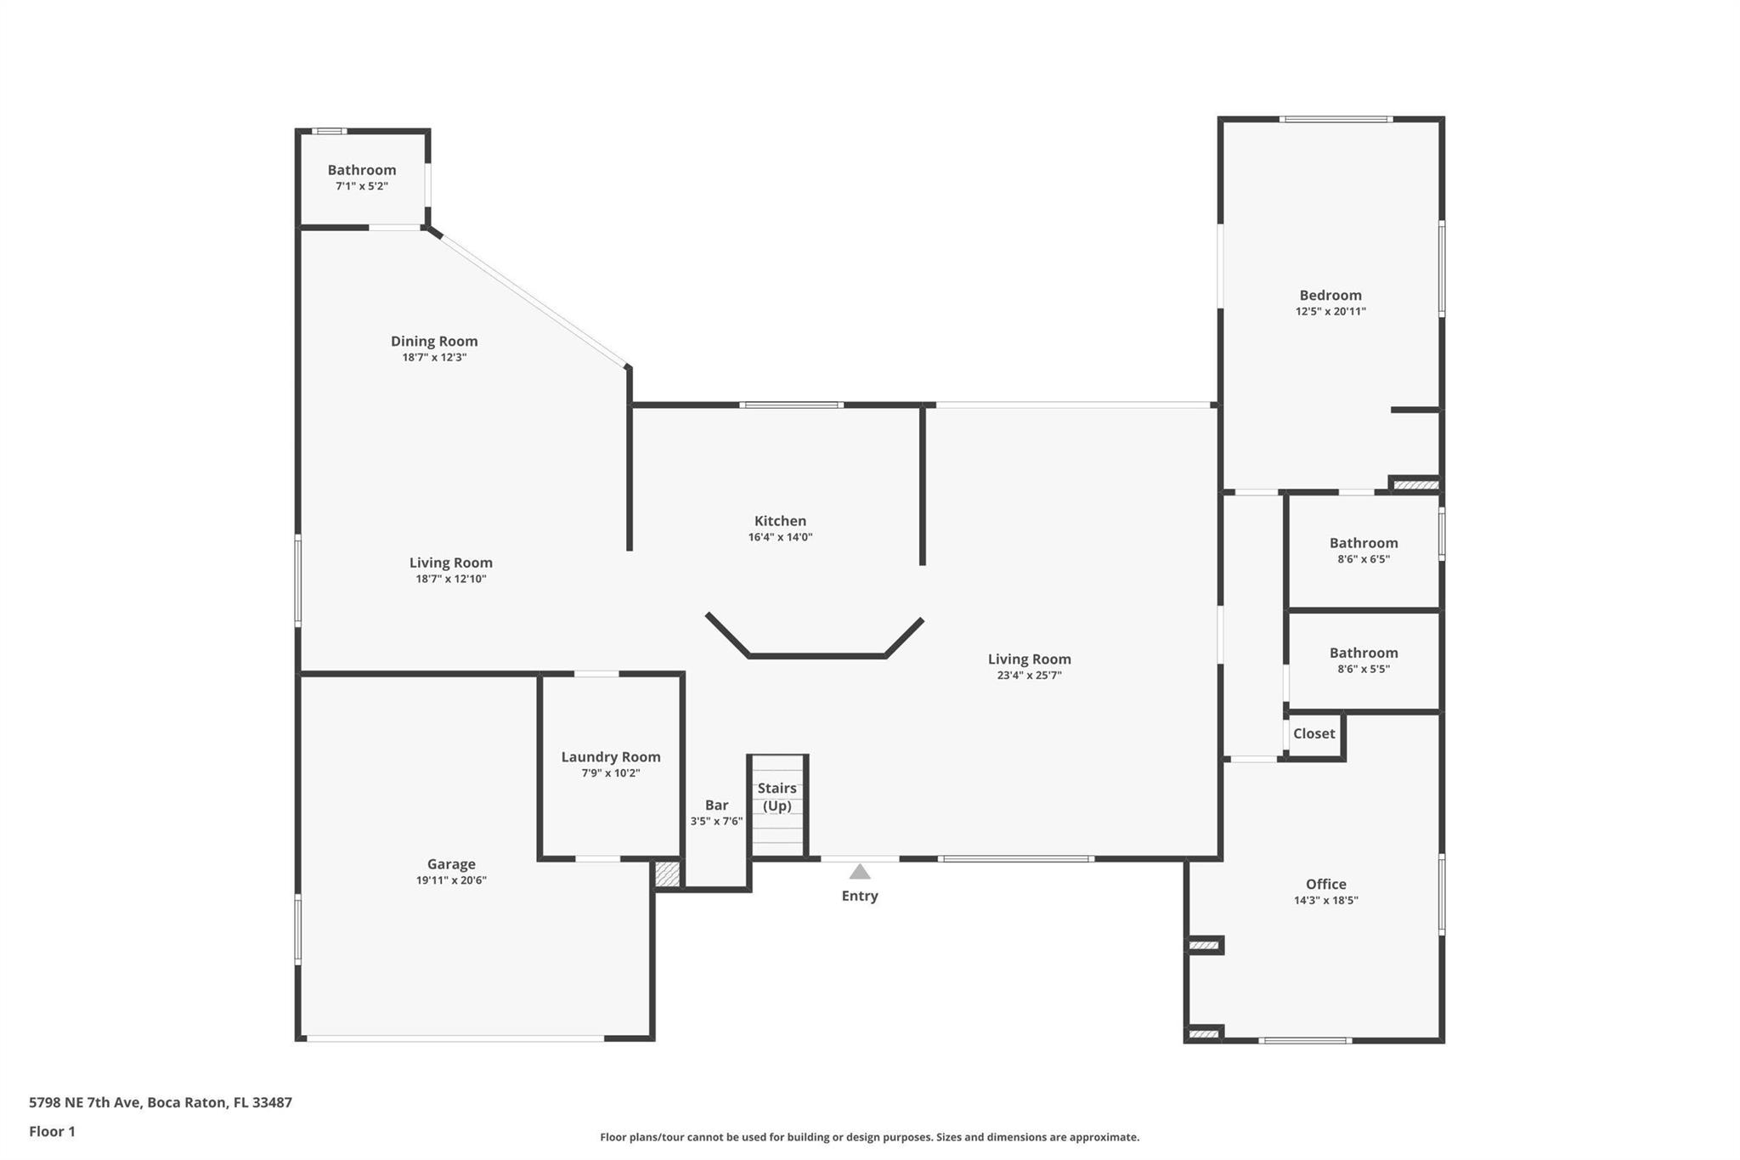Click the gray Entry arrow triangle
(860, 872)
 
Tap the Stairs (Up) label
(777, 797)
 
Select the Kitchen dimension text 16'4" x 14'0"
(780, 537)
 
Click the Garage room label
(451, 864)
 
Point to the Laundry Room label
(610, 757)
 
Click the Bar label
(716, 806)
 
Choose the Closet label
(1313, 733)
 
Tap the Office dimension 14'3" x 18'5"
(1325, 901)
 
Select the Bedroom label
(1330, 296)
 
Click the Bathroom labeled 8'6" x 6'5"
(1363, 543)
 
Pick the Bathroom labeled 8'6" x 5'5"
(1363, 653)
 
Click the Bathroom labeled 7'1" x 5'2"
(362, 170)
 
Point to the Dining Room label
(434, 342)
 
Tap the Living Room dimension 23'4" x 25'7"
(1029, 676)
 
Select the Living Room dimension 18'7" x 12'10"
(450, 580)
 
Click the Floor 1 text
(52, 1131)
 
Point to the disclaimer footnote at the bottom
(869, 1137)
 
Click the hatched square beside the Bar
(668, 874)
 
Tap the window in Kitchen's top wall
(791, 405)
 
